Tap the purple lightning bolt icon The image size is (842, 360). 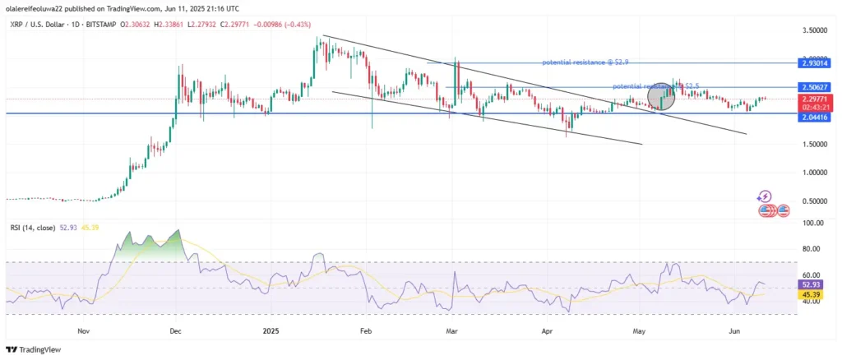766,196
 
